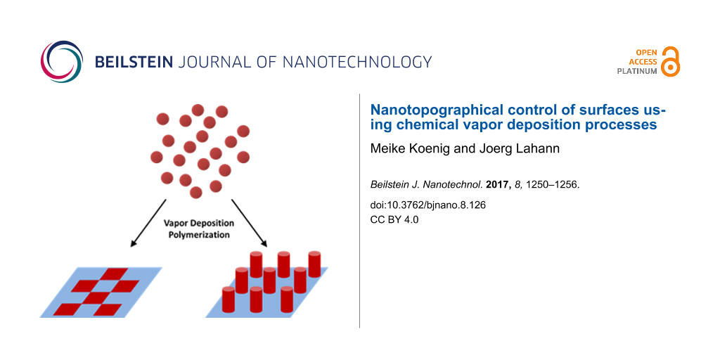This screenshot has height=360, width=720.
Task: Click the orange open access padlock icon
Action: pos(671,62)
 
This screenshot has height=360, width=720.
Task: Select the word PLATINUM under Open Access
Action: pos(638,71)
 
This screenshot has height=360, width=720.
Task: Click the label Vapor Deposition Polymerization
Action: pos(196,229)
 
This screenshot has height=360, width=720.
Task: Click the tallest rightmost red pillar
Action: pos(314,264)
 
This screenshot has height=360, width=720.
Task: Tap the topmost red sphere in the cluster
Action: pos(198,110)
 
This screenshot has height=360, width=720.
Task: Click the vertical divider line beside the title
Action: pos(359,211)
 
